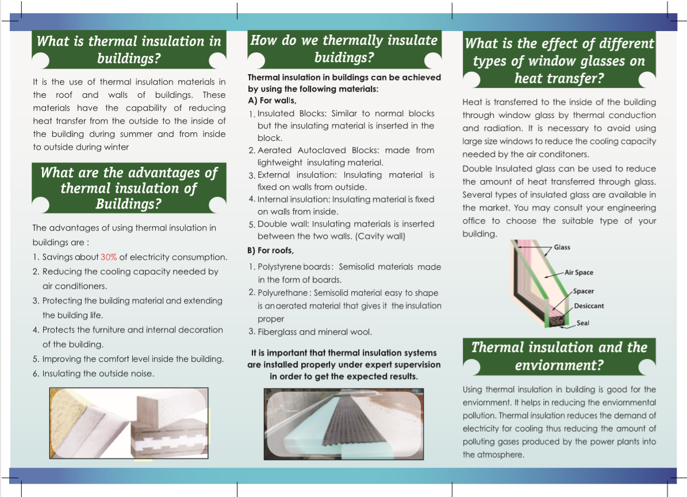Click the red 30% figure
coord(109,257)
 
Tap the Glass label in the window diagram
coord(562,247)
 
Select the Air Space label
coord(578,273)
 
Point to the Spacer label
coord(583,292)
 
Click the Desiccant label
coord(589,306)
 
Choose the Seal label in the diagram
coord(582,323)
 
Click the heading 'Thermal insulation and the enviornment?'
coord(559,356)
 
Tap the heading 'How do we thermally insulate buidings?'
coord(344,49)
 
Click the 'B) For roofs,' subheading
coord(271,251)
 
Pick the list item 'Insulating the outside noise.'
coord(98,374)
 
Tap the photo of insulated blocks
coord(129,424)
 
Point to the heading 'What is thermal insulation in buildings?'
coord(129,49)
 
